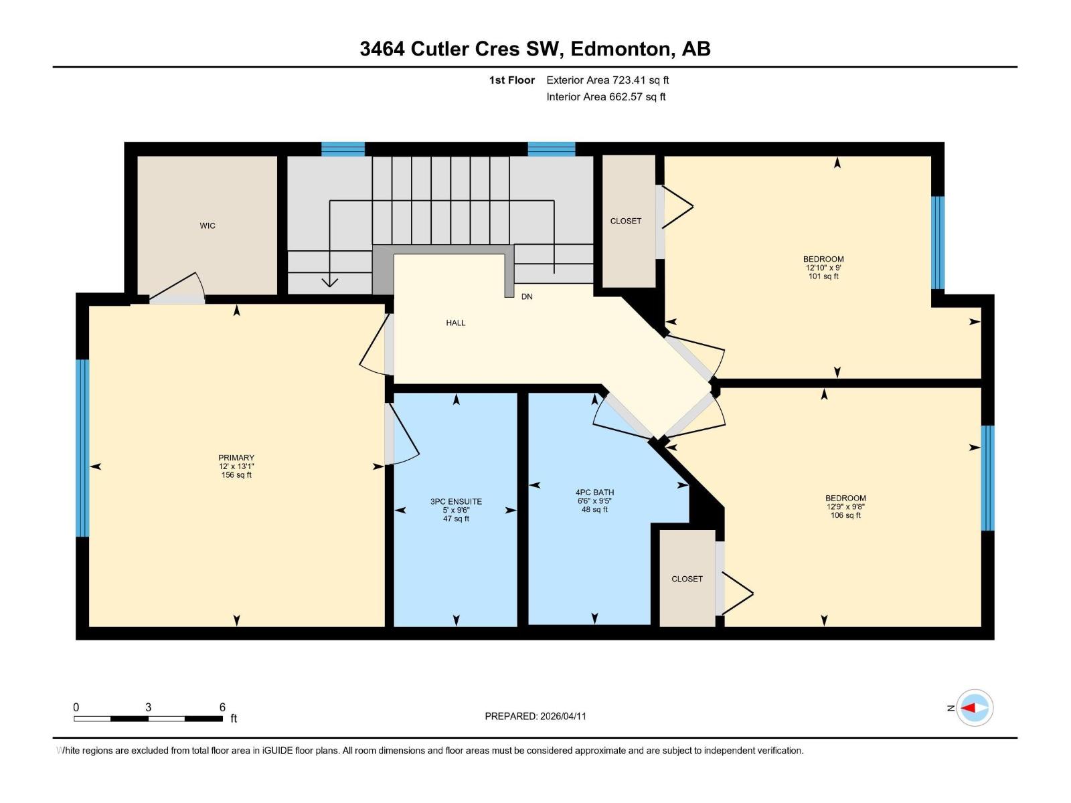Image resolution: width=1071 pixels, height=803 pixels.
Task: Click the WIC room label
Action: (x=208, y=226)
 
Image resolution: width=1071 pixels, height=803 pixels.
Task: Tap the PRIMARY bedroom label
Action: (x=236, y=458)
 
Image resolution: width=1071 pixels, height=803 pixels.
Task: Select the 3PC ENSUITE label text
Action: (x=456, y=502)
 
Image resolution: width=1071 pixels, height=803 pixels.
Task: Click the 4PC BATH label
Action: (x=594, y=493)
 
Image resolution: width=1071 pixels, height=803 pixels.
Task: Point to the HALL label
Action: (x=456, y=323)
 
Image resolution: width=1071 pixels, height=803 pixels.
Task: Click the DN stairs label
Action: (x=527, y=297)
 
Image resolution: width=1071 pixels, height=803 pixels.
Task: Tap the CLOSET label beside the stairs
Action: (x=626, y=221)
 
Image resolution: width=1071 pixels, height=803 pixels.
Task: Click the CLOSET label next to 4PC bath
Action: (x=687, y=579)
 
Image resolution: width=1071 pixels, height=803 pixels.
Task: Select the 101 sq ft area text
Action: (x=823, y=276)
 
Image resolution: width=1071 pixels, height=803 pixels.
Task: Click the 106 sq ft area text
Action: (x=845, y=515)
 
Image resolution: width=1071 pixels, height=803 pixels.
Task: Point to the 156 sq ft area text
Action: (x=236, y=475)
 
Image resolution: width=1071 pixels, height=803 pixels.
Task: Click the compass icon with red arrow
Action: (x=975, y=708)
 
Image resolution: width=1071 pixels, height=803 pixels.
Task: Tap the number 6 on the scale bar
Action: (x=222, y=707)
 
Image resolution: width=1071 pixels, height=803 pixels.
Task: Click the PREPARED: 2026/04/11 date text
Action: (x=535, y=716)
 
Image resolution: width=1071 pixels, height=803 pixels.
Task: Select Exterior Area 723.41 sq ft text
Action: (x=607, y=80)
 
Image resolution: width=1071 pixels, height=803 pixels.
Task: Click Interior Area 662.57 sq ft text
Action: (x=606, y=97)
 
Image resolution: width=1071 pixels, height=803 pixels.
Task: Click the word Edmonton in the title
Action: (x=621, y=49)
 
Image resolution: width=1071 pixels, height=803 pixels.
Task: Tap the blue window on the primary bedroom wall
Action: (x=82, y=448)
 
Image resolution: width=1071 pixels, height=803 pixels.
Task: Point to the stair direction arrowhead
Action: (x=329, y=282)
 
